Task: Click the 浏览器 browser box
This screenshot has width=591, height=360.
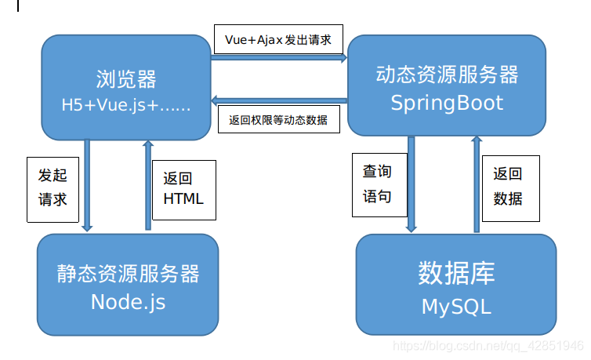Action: pos(125,90)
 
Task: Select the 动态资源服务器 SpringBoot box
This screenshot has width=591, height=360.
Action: pos(447,86)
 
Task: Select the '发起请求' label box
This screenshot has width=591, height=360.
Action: pos(53,187)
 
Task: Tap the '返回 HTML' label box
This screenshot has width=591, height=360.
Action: pos(183,188)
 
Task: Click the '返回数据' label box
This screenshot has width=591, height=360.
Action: pos(507,186)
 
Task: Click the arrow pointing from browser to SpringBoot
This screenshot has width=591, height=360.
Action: pos(279,58)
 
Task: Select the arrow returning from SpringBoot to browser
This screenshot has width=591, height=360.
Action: pos(279,100)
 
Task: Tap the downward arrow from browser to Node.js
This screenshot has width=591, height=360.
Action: pos(87,185)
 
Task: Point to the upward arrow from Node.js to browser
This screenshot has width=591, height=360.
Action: pos(147,185)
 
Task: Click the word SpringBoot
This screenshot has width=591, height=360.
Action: pos(447,103)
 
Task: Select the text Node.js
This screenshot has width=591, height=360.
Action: pos(128,302)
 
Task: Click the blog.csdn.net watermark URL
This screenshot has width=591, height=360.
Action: pos(487,345)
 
